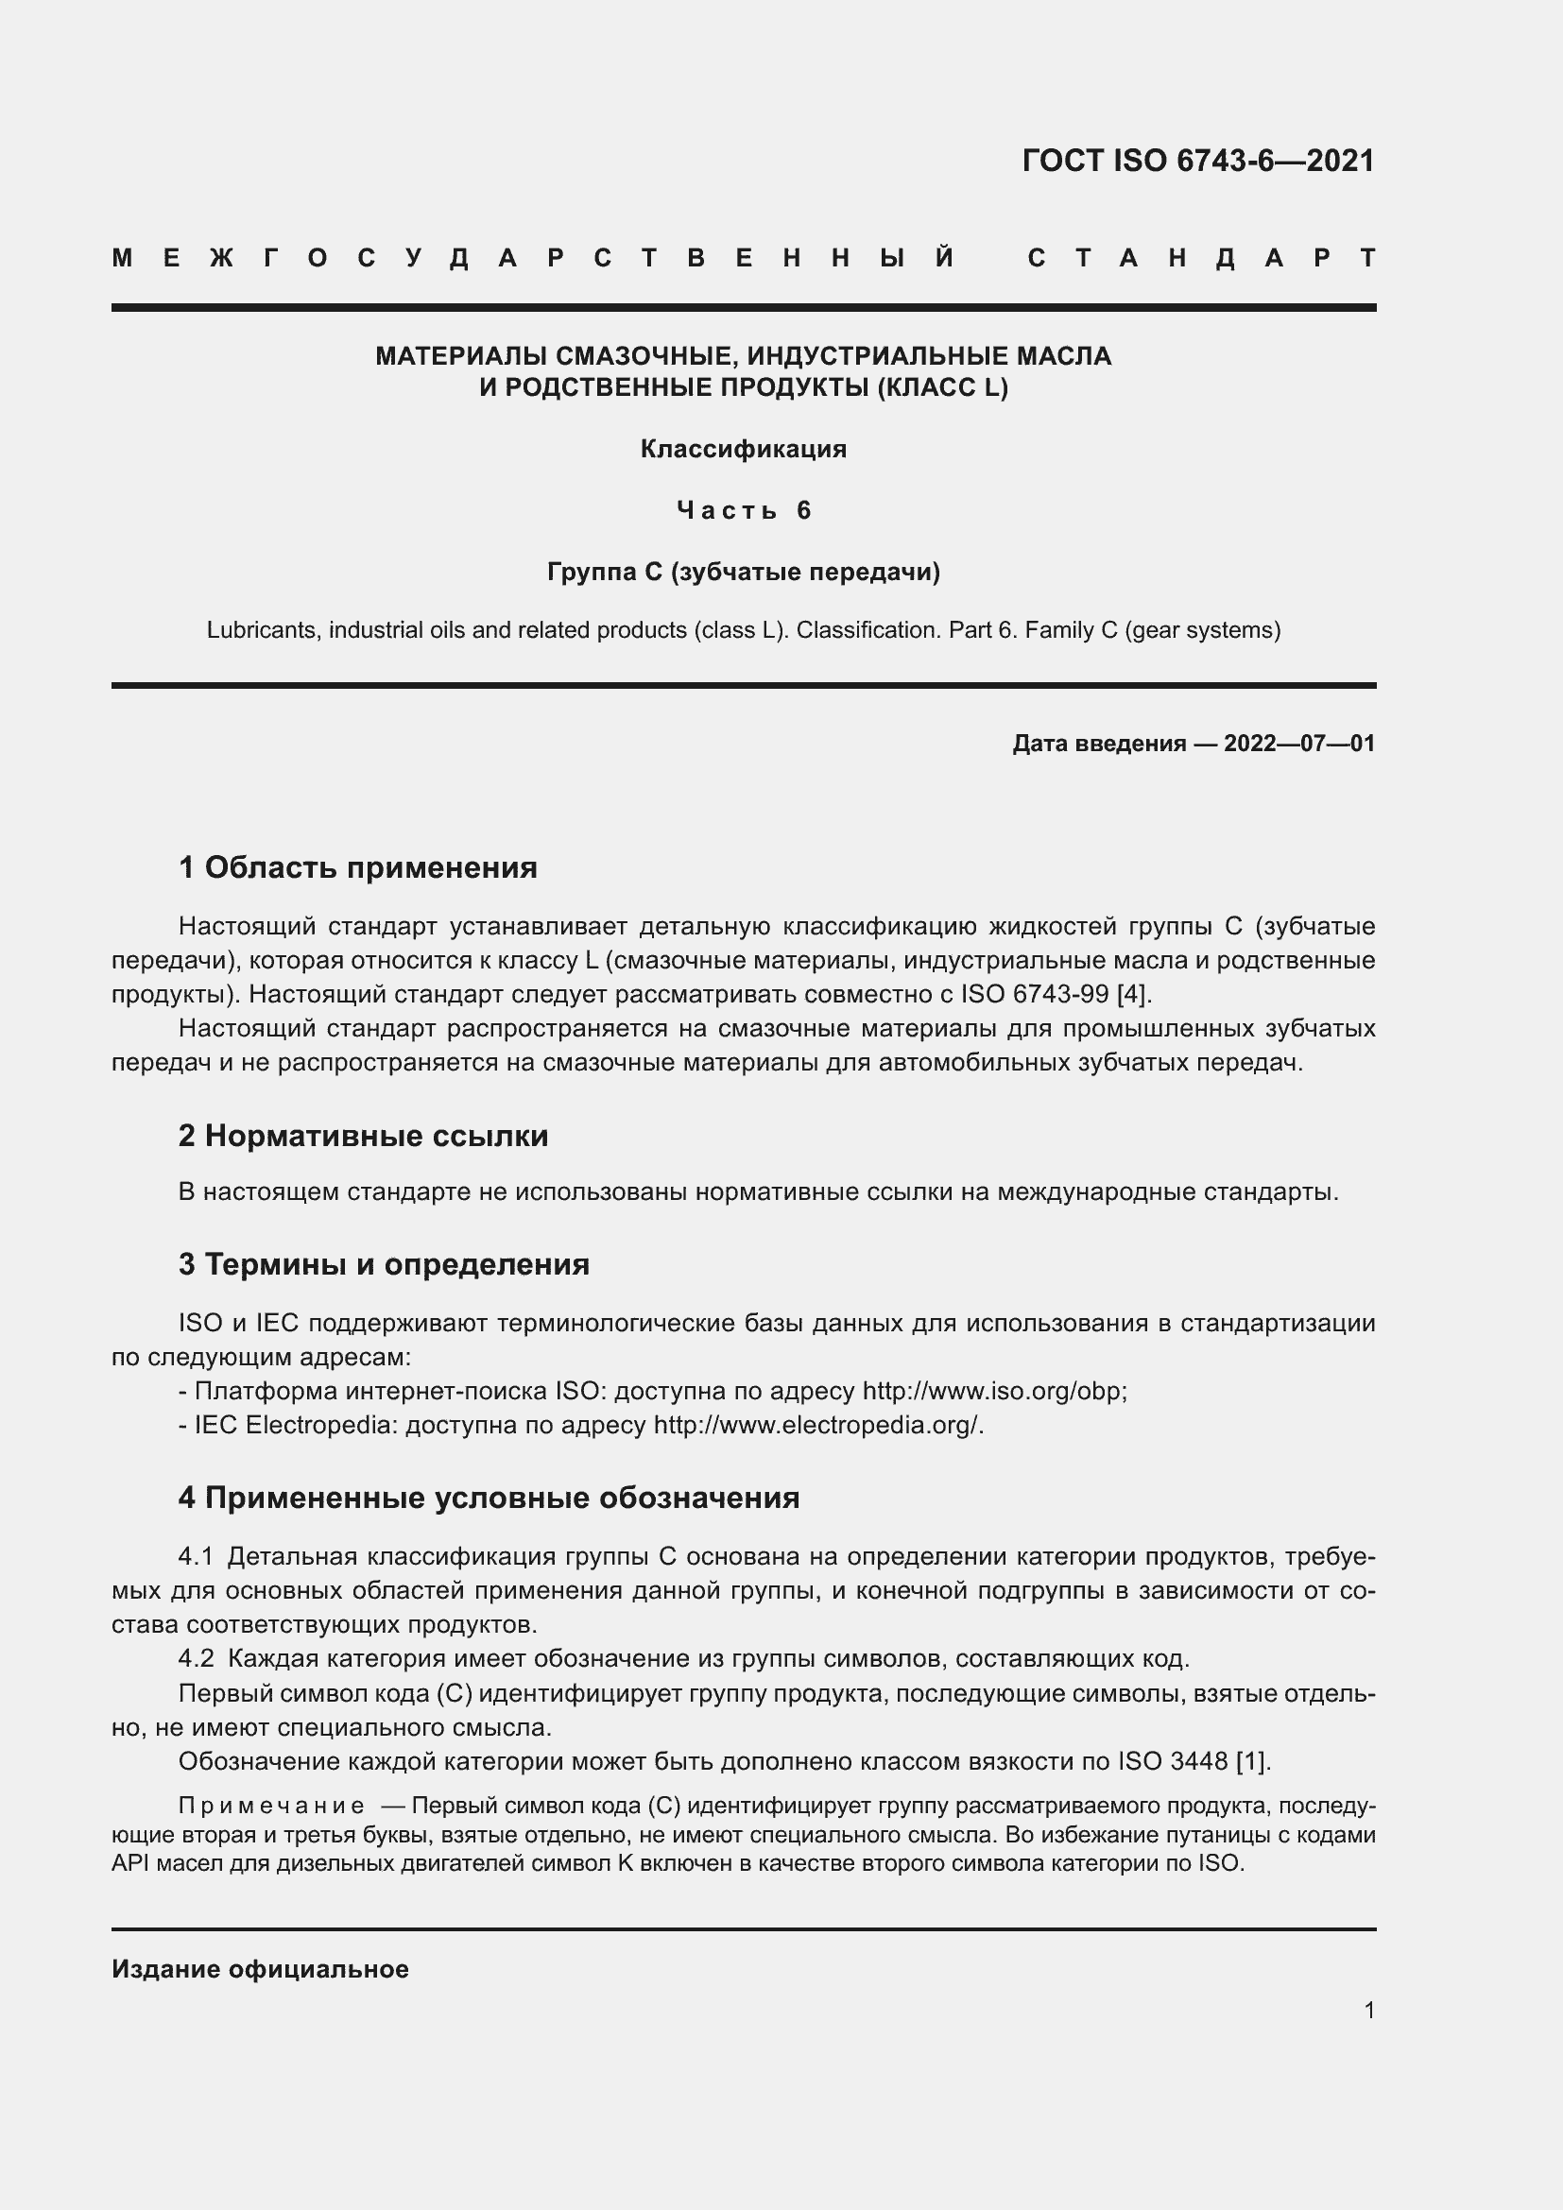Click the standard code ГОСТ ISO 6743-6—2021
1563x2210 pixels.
(x=1197, y=161)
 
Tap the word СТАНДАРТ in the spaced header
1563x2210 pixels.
(x=1201, y=258)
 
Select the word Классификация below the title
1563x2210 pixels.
(x=743, y=450)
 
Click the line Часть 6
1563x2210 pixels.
(x=743, y=510)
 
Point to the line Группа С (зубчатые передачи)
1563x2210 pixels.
(x=743, y=572)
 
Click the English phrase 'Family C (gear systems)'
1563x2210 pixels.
(x=1152, y=630)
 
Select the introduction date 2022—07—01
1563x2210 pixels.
(x=1298, y=743)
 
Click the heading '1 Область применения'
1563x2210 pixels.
(x=358, y=867)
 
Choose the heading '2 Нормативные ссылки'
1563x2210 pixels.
(x=363, y=1136)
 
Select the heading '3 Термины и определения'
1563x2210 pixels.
(x=383, y=1264)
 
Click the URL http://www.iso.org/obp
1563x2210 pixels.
(x=993, y=1391)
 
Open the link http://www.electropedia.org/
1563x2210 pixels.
(x=817, y=1425)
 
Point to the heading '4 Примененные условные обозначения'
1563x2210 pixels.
(x=489, y=1498)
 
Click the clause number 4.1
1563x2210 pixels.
(x=197, y=1556)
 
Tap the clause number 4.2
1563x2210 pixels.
(x=197, y=1658)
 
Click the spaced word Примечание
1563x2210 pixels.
(x=271, y=1805)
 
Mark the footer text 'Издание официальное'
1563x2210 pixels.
(x=260, y=1969)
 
